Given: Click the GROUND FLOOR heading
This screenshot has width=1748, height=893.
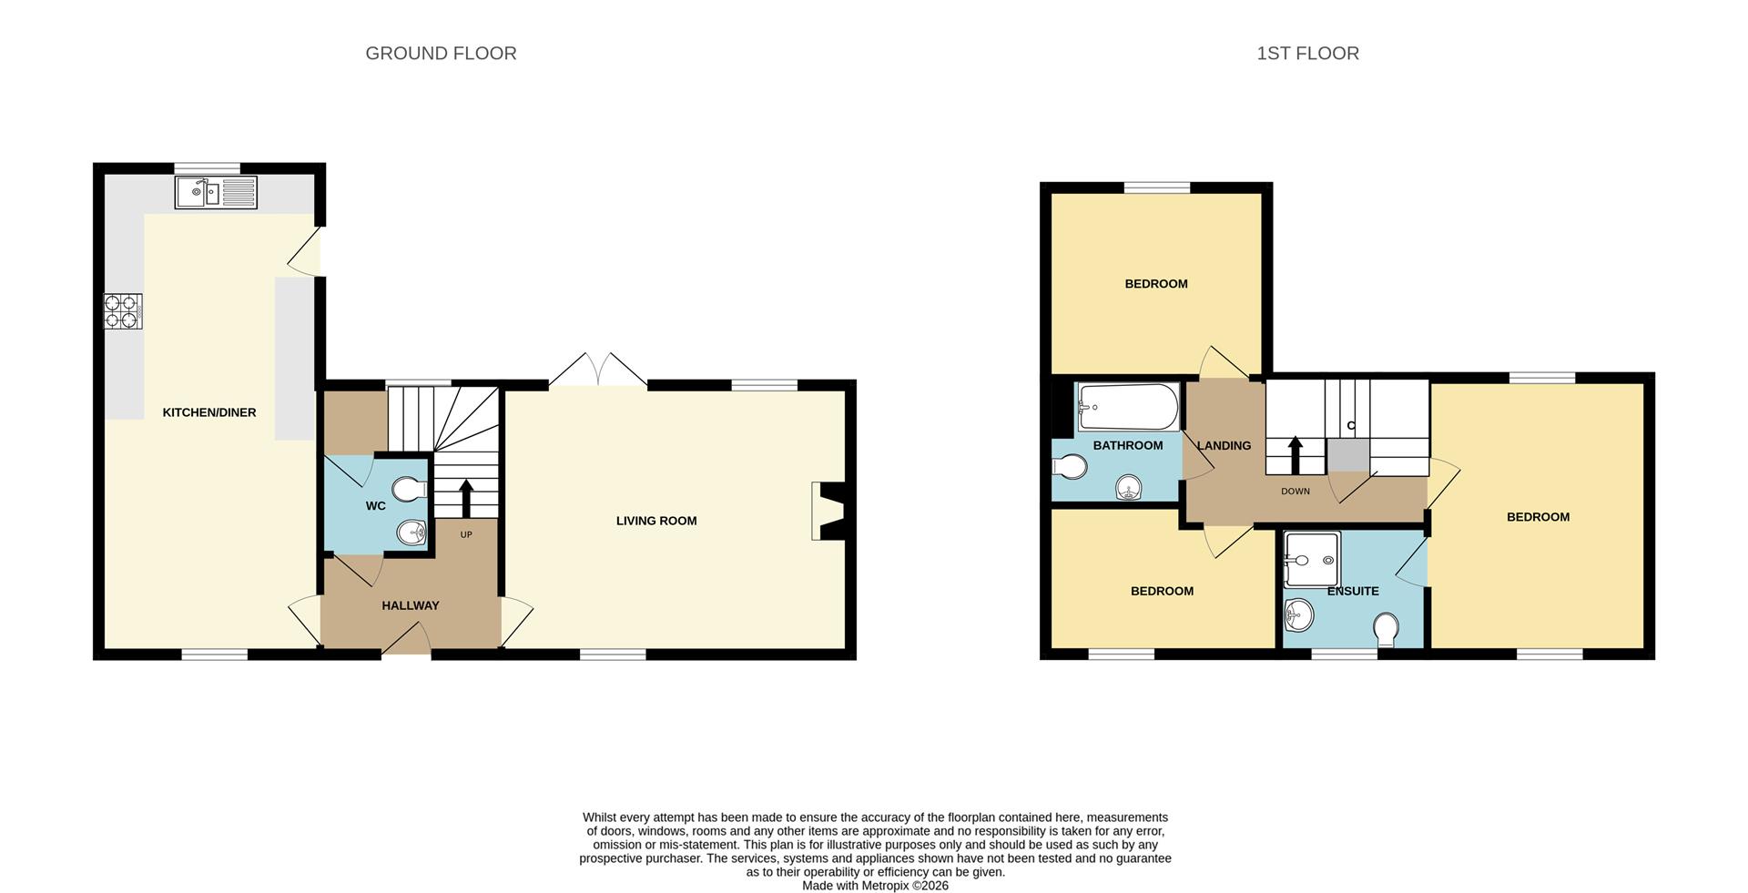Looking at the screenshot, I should click(441, 54).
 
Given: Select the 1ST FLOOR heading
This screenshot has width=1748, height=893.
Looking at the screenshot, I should click(1307, 54).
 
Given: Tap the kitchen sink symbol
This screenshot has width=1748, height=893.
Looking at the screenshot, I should click(216, 192).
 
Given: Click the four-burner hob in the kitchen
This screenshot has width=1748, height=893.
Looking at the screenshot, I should click(123, 310).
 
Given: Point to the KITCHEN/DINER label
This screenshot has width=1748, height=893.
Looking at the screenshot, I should click(209, 412).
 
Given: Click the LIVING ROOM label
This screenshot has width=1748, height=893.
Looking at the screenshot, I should click(656, 521).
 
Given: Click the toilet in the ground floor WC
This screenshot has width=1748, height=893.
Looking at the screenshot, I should click(411, 489).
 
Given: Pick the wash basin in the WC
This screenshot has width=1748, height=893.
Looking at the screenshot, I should click(412, 533).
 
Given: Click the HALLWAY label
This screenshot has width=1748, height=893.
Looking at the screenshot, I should click(410, 605).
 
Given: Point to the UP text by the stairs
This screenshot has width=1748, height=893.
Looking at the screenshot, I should click(466, 534).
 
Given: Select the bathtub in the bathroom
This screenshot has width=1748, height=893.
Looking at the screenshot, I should click(1128, 407).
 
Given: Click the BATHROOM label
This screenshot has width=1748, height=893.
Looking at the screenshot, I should click(1127, 445).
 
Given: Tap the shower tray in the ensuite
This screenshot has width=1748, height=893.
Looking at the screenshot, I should click(1311, 558).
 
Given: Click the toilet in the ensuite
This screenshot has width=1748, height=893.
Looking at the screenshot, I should click(1386, 630).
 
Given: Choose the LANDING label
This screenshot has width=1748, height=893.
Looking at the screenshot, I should click(1224, 445).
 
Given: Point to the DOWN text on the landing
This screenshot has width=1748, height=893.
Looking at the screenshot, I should click(1295, 491).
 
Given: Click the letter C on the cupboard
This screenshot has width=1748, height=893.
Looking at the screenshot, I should click(1350, 425).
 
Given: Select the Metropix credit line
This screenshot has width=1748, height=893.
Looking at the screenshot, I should click(875, 886).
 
